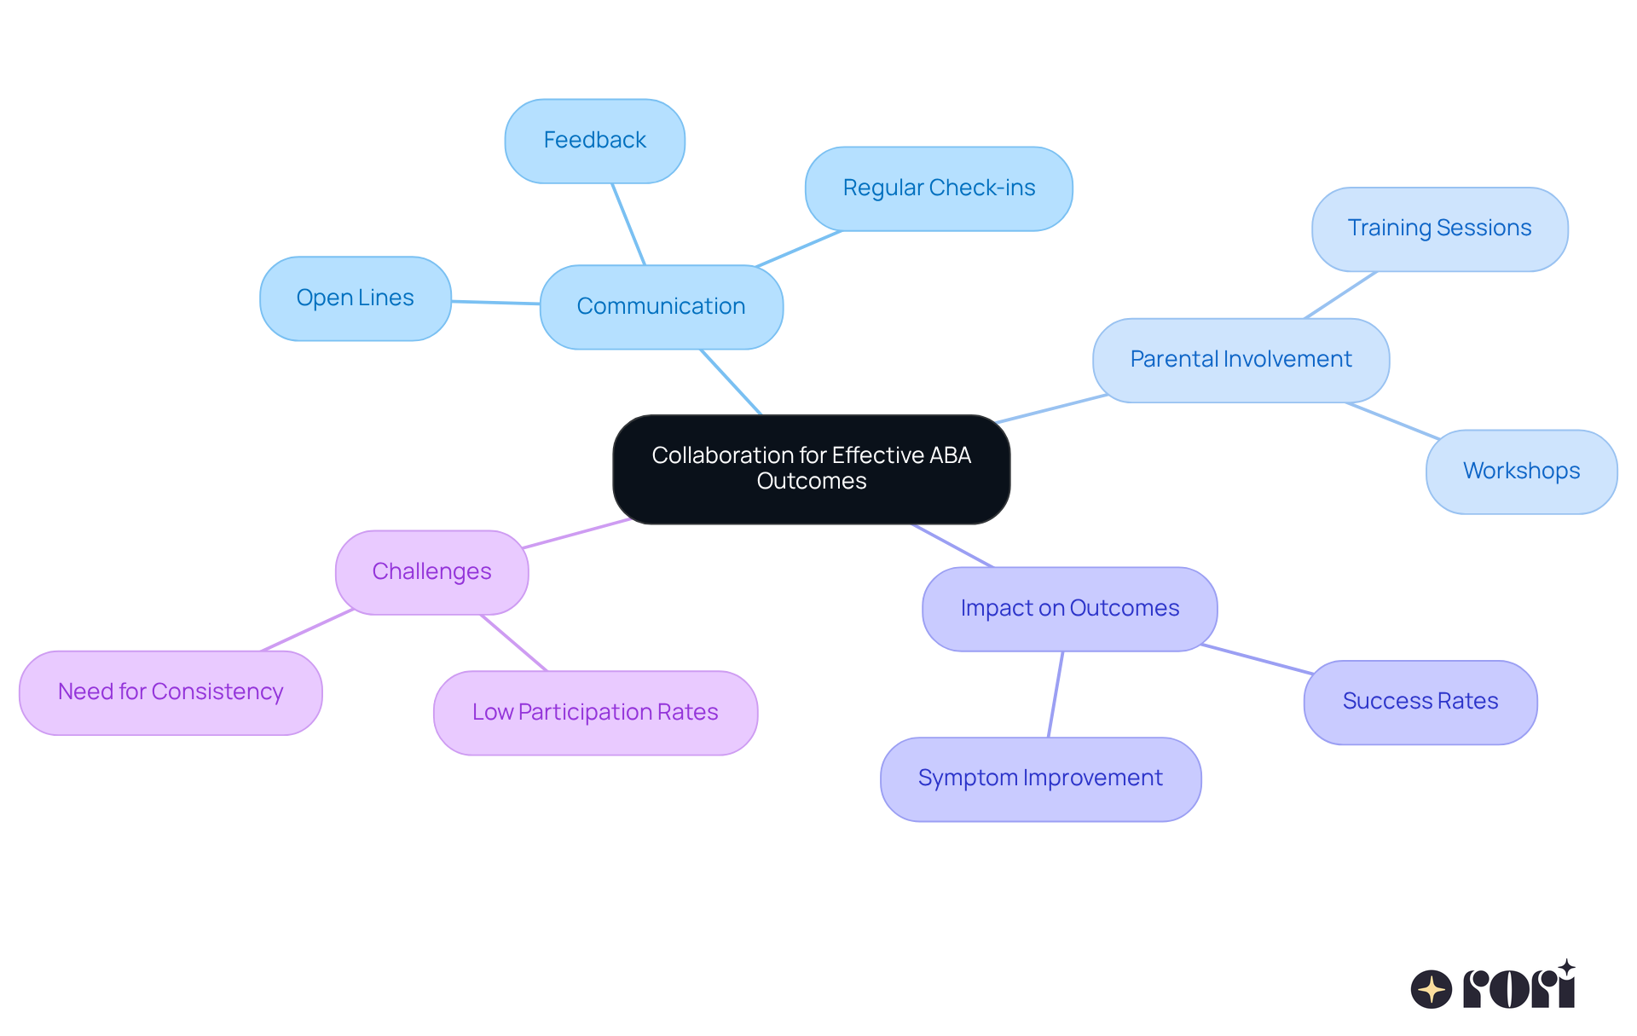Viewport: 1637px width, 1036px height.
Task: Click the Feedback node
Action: (x=594, y=141)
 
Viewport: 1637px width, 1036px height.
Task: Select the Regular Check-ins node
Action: (x=939, y=188)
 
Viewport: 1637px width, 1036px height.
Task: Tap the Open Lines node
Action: (x=355, y=298)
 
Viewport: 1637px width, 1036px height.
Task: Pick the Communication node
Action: (x=661, y=307)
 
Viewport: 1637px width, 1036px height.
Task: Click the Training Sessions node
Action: (x=1439, y=229)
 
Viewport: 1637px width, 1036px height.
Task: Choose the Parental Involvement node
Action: (x=1241, y=360)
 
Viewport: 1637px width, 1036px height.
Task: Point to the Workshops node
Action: (x=1521, y=472)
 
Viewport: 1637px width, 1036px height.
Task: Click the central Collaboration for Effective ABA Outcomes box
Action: (x=811, y=468)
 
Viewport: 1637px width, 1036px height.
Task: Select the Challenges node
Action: (x=431, y=572)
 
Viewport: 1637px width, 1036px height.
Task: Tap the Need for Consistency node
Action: (x=171, y=692)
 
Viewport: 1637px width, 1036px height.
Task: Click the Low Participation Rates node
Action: (x=595, y=713)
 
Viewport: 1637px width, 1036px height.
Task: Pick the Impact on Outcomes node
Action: (x=1069, y=609)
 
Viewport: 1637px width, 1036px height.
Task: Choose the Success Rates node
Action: (x=1420, y=702)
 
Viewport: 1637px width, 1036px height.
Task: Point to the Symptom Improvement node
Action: (x=1040, y=778)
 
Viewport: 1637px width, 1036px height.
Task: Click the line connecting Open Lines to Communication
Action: (x=495, y=302)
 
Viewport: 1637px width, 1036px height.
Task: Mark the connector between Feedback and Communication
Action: (x=628, y=223)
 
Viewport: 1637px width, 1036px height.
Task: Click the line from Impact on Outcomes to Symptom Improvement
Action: (x=1056, y=694)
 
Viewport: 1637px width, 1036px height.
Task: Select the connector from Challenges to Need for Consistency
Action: (x=307, y=630)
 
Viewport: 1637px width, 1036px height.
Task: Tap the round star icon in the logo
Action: (x=1431, y=989)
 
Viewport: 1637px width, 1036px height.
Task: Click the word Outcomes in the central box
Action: (x=811, y=482)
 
